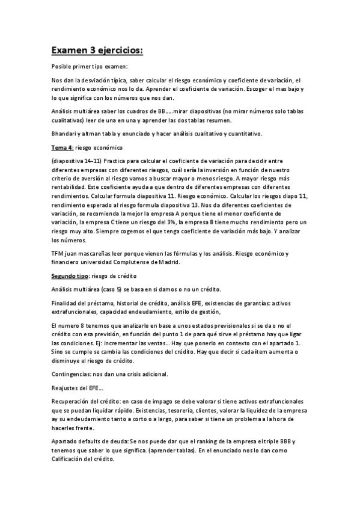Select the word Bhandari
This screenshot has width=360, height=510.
64,133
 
